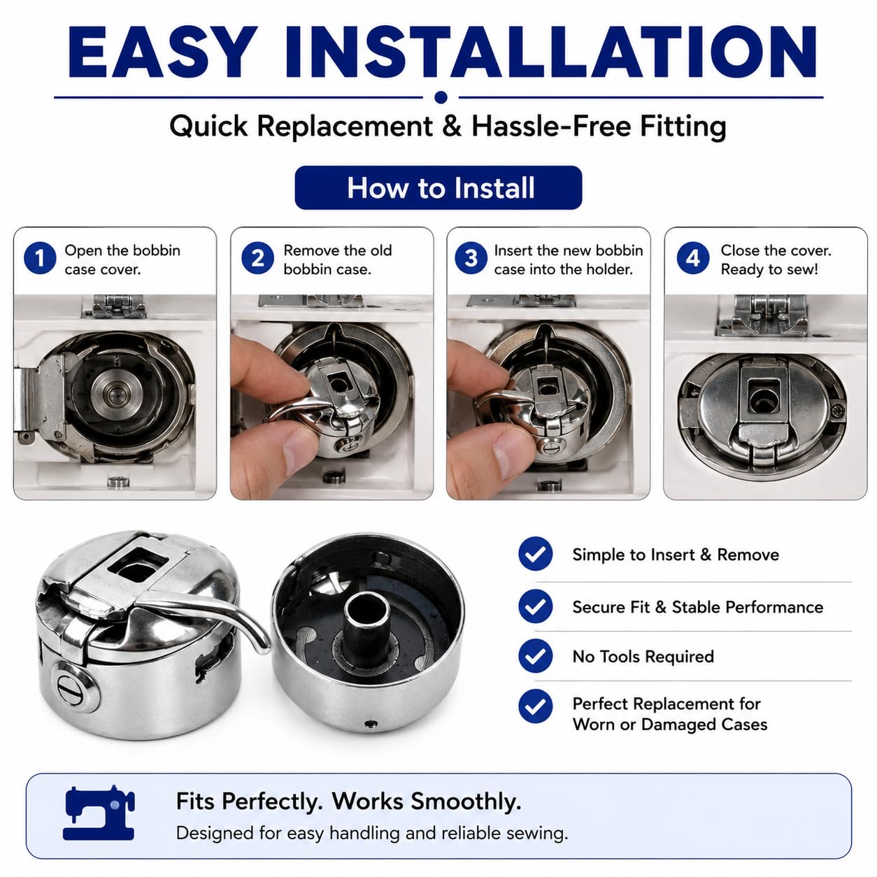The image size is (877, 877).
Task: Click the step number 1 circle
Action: coord(40,258)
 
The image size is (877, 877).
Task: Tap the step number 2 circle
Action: coord(257,258)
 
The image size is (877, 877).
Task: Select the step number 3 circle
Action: coord(471,258)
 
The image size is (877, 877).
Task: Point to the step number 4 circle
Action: coord(692,258)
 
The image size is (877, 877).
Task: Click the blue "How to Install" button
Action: coord(438,187)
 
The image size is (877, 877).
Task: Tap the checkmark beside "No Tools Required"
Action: coord(536,656)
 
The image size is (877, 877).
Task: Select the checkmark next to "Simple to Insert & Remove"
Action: coord(536,553)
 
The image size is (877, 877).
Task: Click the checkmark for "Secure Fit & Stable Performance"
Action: coord(536,606)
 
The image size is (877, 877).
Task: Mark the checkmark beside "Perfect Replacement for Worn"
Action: coord(536,706)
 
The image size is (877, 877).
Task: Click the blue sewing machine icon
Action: coord(99,813)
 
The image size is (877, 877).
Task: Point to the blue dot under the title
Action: coord(441,97)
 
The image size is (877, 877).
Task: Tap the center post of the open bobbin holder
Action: coord(366,624)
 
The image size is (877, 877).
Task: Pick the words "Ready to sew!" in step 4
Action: coord(769,269)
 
